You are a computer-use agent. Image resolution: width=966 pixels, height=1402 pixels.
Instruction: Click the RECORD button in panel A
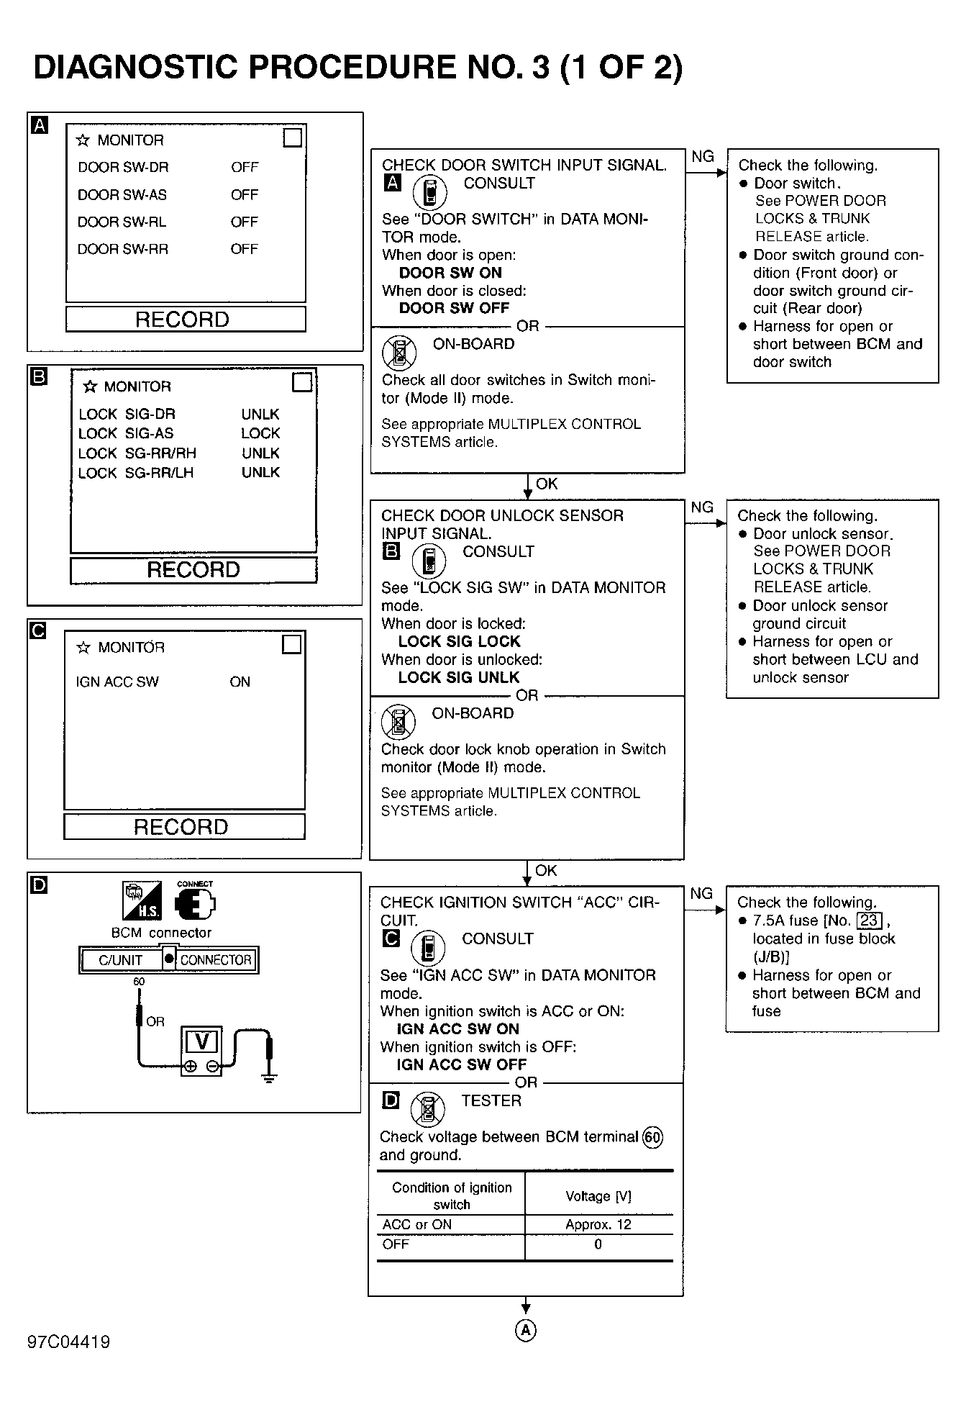point(185,320)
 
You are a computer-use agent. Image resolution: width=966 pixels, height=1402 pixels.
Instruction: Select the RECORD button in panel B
point(193,570)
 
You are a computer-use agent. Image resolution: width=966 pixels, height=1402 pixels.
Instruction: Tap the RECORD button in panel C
point(183,827)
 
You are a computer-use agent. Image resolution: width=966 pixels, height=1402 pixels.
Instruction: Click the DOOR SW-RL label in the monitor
point(122,222)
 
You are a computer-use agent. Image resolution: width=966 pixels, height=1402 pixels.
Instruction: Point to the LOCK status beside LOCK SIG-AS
point(260,433)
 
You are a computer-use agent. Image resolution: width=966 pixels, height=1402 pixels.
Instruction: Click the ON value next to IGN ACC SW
point(240,682)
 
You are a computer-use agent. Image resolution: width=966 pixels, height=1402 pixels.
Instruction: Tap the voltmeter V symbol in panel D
point(201,1041)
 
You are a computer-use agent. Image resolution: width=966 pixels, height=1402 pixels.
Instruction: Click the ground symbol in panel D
point(270,1077)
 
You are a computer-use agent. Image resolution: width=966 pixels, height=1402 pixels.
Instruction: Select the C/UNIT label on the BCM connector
point(120,960)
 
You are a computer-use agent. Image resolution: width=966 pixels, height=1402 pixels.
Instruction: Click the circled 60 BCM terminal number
point(652,1137)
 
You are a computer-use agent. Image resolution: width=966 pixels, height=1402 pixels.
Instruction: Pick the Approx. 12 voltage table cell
point(598,1224)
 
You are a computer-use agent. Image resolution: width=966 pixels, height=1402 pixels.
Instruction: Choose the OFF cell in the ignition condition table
point(396,1244)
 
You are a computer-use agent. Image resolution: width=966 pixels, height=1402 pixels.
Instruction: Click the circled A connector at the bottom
point(526,1331)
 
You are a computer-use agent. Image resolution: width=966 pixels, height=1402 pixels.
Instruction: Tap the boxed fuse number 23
point(869,921)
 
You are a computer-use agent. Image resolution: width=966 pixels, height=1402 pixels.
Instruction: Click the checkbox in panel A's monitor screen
point(293,137)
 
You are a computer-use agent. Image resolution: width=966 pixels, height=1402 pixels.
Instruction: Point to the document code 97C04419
point(69,1342)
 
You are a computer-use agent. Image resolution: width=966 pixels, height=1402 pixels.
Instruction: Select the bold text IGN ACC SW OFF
point(461,1064)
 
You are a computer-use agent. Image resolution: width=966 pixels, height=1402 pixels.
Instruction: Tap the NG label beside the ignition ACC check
point(701,893)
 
